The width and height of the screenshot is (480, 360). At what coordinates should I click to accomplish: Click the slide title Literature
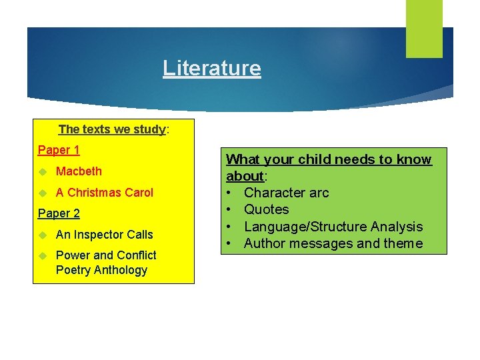(x=211, y=68)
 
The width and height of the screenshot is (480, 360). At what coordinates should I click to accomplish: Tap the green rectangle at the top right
(x=424, y=28)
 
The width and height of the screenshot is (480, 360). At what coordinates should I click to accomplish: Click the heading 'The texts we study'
(x=112, y=129)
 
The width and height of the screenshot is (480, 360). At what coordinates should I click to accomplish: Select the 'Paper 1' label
(x=59, y=150)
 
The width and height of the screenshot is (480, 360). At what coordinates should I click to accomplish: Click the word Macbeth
(x=79, y=171)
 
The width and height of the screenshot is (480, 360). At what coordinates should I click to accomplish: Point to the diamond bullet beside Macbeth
(x=43, y=172)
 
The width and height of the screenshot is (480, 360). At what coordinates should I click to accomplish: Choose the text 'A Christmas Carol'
(x=104, y=193)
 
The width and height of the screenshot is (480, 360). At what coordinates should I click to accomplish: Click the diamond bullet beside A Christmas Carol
(x=43, y=193)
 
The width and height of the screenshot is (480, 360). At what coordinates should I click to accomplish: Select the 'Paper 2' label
(x=59, y=213)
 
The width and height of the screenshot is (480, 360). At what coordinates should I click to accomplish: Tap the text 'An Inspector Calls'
(x=104, y=235)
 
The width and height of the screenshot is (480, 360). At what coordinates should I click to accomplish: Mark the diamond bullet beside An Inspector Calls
(x=43, y=235)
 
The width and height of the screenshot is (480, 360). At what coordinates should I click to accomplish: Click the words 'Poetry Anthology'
(x=101, y=270)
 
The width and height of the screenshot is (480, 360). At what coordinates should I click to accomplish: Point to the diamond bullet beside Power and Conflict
(x=43, y=256)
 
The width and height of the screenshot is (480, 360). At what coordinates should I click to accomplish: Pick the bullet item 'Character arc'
(x=286, y=193)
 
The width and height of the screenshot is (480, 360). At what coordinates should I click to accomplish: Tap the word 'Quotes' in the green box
(x=266, y=209)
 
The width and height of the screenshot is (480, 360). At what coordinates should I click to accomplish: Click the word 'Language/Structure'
(x=306, y=227)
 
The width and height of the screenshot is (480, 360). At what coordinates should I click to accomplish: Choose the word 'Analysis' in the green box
(x=397, y=227)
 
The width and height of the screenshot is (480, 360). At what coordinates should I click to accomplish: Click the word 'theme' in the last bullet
(x=403, y=243)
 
